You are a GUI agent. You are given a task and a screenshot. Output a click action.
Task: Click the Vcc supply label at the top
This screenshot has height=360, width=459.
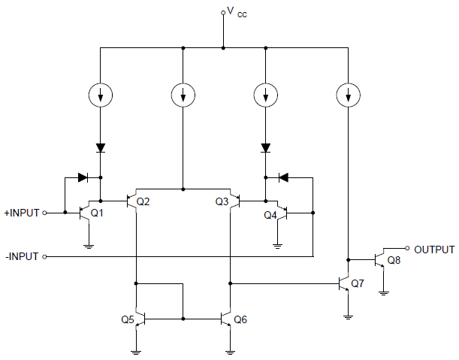[236, 14]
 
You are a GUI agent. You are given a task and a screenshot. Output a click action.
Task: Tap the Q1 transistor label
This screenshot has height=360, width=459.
[96, 213]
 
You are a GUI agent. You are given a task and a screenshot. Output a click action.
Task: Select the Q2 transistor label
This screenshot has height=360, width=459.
[143, 201]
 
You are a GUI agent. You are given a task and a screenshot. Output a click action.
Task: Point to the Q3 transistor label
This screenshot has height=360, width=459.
[222, 201]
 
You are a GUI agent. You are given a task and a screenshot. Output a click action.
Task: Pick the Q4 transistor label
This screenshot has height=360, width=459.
[270, 215]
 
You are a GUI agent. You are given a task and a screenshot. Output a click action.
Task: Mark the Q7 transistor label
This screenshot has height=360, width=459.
[357, 283]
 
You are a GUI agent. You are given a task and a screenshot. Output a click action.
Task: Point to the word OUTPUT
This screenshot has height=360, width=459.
[434, 250]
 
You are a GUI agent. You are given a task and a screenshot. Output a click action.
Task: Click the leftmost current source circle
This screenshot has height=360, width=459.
[100, 95]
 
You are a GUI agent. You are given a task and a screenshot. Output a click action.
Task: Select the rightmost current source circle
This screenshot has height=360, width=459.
[347, 95]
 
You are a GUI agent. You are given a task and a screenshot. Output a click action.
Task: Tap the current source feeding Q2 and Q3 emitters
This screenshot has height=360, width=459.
[183, 95]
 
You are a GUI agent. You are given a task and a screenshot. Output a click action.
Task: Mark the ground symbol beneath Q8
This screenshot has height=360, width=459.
[384, 292]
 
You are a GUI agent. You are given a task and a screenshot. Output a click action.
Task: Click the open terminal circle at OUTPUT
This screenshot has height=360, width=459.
[406, 249]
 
